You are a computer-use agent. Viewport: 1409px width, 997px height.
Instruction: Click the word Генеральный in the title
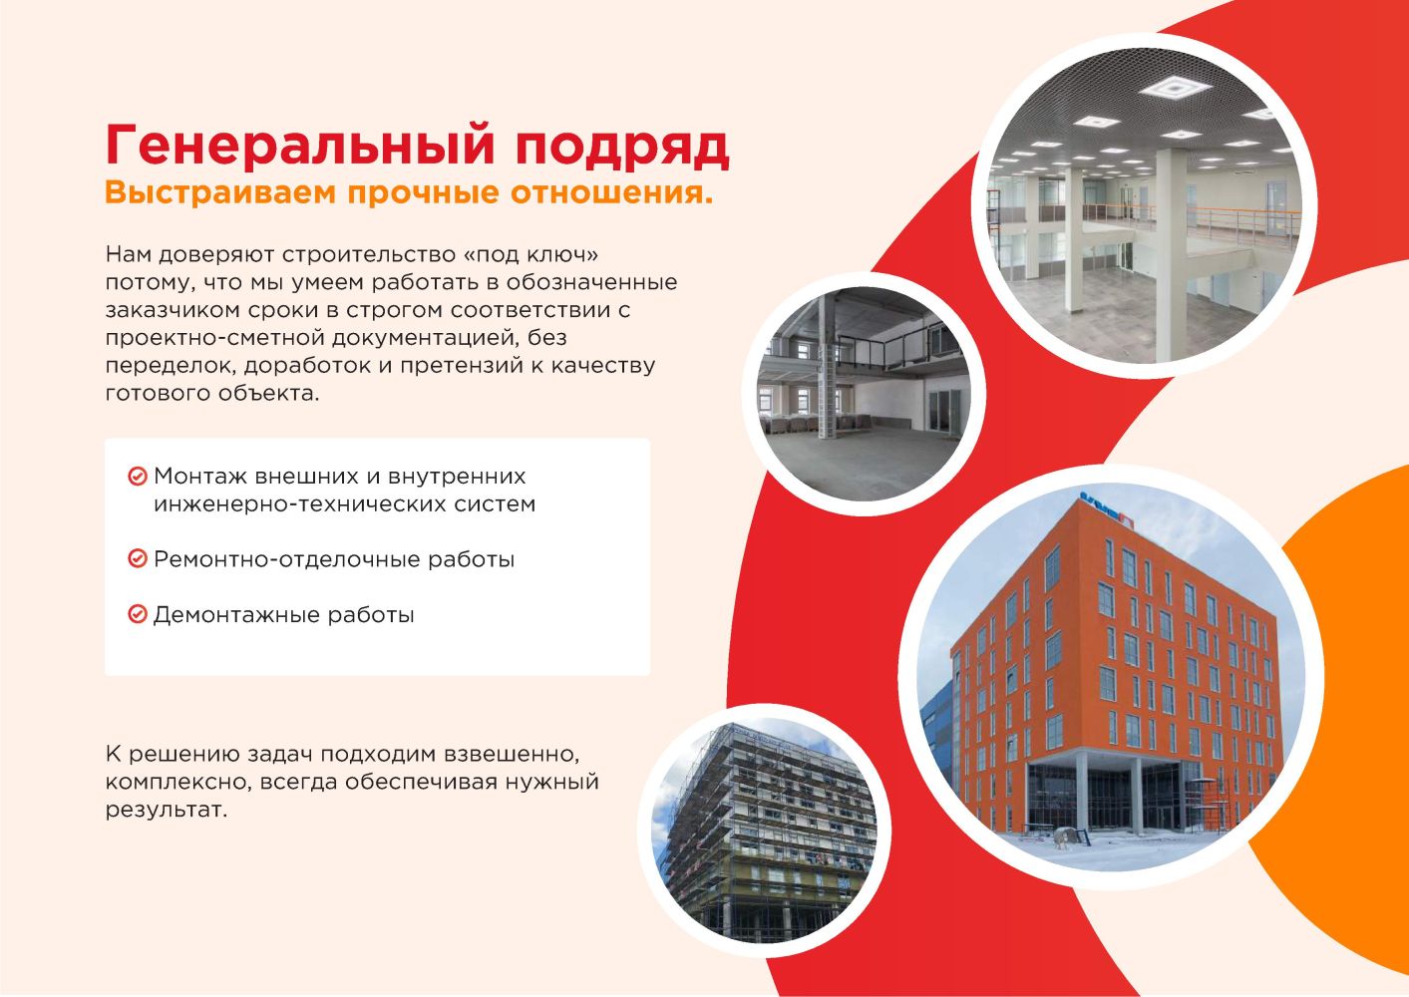pos(300,147)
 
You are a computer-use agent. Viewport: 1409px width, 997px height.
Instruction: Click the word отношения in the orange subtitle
pos(611,193)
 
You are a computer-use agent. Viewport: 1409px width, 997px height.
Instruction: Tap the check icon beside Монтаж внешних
pos(138,477)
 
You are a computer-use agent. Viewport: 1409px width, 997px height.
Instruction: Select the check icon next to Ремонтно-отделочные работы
pos(138,558)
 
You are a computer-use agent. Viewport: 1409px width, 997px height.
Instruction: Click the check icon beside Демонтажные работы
pos(138,614)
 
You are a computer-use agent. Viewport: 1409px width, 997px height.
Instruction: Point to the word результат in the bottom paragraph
pos(167,811)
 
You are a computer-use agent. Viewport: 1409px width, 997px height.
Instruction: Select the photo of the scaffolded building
pos(764,831)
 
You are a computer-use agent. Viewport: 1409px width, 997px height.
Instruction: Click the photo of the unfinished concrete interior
pos(864,395)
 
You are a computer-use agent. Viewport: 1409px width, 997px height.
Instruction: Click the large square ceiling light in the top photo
pos(1175,88)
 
